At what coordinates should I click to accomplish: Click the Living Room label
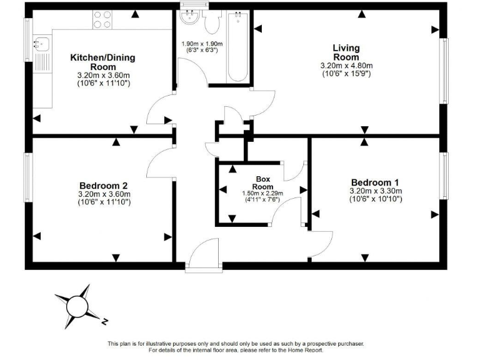[346, 52]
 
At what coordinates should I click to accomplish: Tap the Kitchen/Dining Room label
[102, 62]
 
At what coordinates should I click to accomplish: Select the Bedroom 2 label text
[104, 186]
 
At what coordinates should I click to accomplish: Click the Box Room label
[262, 182]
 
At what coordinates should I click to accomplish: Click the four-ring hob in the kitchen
[102, 20]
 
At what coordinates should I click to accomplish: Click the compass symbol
[79, 306]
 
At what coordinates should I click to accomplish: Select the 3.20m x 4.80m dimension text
[346, 66]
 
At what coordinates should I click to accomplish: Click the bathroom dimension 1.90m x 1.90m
[199, 44]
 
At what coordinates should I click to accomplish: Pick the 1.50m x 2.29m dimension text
[262, 194]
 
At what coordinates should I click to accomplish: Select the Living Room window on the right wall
[446, 71]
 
